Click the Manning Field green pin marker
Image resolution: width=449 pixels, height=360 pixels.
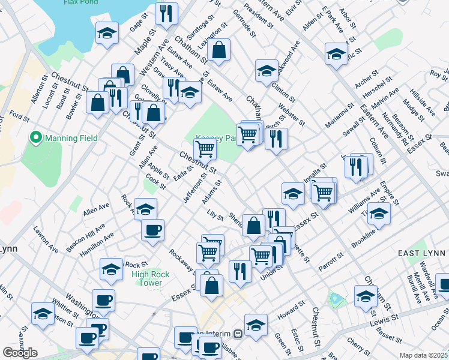[x=35, y=138]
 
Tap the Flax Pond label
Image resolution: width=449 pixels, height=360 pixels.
[x=80, y=2]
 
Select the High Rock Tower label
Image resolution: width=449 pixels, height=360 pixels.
[x=146, y=278]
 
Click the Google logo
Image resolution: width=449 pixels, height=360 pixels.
[x=20, y=353]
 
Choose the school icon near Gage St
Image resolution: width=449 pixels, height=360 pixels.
[x=106, y=32]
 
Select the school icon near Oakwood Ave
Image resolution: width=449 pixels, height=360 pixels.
[x=266, y=70]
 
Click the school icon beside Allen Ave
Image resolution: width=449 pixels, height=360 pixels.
[x=145, y=208]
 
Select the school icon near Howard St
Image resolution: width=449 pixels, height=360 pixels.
[x=256, y=324]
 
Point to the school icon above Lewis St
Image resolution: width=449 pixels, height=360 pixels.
[x=366, y=295]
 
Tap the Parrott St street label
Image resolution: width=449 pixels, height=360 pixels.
[x=331, y=262]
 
